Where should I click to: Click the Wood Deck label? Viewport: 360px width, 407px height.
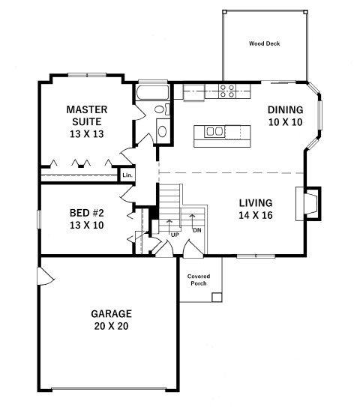tap(265, 43)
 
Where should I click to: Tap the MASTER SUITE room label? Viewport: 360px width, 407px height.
tap(87, 121)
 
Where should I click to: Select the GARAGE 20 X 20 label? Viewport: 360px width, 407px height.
tap(112, 320)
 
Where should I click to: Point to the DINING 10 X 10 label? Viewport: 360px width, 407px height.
tap(286, 115)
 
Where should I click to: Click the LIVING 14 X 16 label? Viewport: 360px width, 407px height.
tap(256, 209)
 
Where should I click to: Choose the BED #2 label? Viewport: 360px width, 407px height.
tap(87, 219)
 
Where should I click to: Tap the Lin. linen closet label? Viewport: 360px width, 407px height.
tap(127, 175)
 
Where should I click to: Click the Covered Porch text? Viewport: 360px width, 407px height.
tap(199, 280)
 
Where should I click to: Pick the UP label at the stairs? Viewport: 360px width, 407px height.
tap(175, 235)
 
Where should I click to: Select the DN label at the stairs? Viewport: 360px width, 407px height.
tap(197, 230)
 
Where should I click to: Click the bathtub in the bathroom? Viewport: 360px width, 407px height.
tap(153, 92)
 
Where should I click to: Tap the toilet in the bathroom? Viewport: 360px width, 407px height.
tap(162, 109)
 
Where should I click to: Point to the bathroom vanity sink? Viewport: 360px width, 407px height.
tap(163, 132)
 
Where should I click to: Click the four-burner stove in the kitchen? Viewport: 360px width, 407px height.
tap(227, 91)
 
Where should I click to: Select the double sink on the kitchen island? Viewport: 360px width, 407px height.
tap(214, 131)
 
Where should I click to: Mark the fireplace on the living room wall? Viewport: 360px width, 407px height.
tap(308, 204)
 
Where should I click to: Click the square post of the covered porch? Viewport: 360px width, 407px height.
tap(217, 298)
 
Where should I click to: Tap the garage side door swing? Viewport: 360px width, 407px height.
tap(46, 275)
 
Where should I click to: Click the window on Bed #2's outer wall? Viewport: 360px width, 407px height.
tap(38, 220)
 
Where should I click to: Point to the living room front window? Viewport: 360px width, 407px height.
tap(256, 256)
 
